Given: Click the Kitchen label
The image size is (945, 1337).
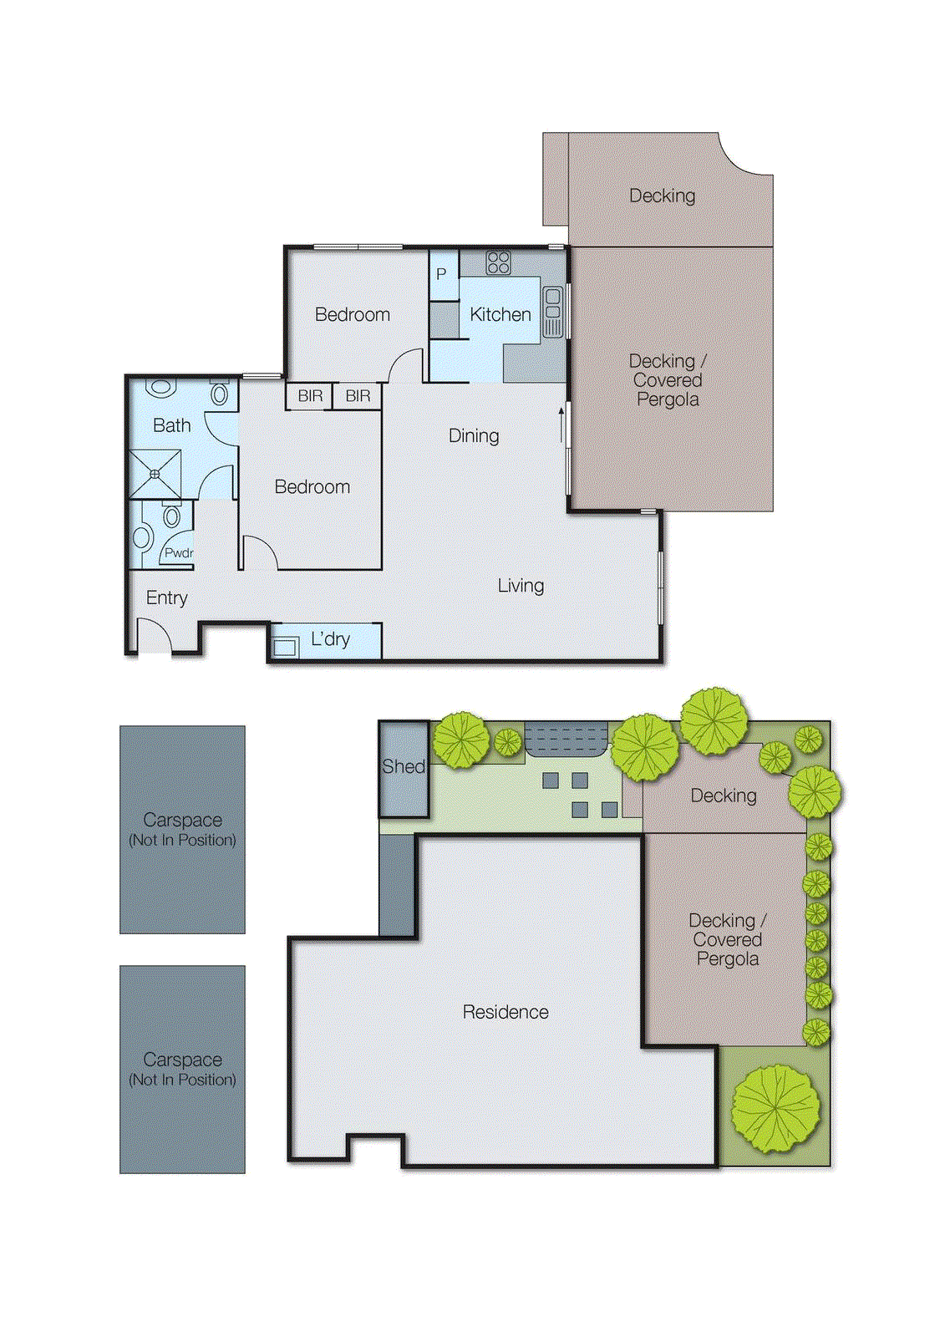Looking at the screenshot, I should (x=500, y=315).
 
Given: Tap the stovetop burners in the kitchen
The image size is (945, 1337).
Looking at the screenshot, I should (x=498, y=262).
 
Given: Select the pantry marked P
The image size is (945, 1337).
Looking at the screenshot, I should (x=442, y=274).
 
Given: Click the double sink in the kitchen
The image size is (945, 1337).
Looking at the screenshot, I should (x=552, y=312).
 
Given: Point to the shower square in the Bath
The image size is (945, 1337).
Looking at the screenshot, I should (x=155, y=474).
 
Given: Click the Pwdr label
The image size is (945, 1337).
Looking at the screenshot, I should (x=179, y=552).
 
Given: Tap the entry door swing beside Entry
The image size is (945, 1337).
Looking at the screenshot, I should (x=153, y=636).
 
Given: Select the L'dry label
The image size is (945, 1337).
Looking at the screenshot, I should (x=330, y=639).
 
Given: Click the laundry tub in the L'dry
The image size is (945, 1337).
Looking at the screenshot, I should (x=285, y=646).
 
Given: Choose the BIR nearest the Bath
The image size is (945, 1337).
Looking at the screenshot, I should (x=310, y=396).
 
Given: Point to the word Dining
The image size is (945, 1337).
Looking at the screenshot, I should (x=474, y=435).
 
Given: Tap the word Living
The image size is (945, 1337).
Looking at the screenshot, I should (x=521, y=586).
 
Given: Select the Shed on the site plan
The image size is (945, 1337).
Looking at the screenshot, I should (x=404, y=767).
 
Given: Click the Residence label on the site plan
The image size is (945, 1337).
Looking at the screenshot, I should (x=506, y=1012).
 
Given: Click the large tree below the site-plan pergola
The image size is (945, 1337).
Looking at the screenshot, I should (x=776, y=1107).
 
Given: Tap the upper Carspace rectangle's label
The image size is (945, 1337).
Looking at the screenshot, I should (x=182, y=820).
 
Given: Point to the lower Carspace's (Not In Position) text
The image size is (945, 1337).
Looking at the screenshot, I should (x=182, y=1080).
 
